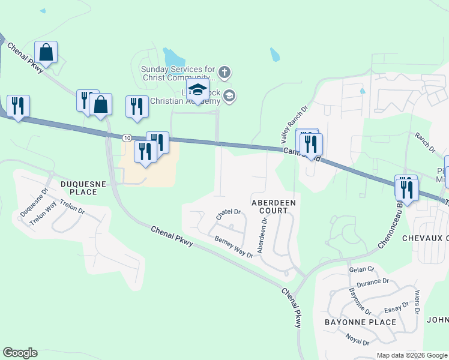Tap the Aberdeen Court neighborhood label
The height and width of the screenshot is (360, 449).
(x=273, y=206)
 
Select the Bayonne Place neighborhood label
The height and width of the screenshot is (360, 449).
(x=360, y=322)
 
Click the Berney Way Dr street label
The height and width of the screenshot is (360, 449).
(x=234, y=246)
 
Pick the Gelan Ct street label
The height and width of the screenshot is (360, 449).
(x=361, y=269)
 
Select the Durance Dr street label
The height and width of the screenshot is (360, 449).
(x=373, y=282)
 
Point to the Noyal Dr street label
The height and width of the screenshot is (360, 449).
(x=357, y=340)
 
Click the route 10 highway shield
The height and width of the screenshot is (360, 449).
(x=127, y=137)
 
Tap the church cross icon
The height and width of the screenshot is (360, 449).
(x=224, y=73)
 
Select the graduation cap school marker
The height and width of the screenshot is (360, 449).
(x=197, y=90)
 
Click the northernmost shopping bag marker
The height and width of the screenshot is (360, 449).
(x=46, y=53)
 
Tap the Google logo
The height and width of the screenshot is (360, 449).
(x=20, y=353)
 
